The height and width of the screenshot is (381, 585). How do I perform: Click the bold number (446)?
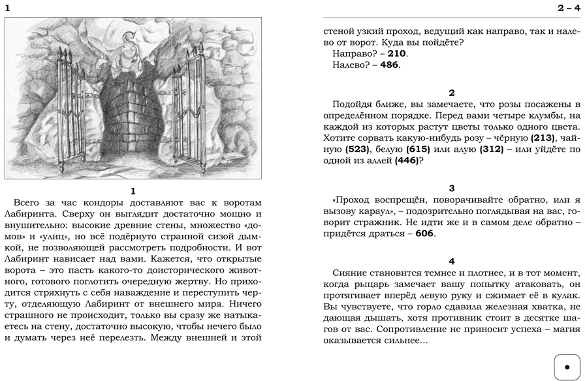pyautogui.click(x=408, y=161)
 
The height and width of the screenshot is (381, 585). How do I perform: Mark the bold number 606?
pyautogui.click(x=424, y=234)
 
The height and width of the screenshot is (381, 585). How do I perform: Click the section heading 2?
pyautogui.click(x=452, y=93)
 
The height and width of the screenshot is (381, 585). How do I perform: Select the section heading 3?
pyautogui.click(x=452, y=188)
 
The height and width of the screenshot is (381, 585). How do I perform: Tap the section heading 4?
pyautogui.click(x=452, y=261)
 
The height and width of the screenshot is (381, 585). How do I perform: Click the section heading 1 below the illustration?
pyautogui.click(x=133, y=190)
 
